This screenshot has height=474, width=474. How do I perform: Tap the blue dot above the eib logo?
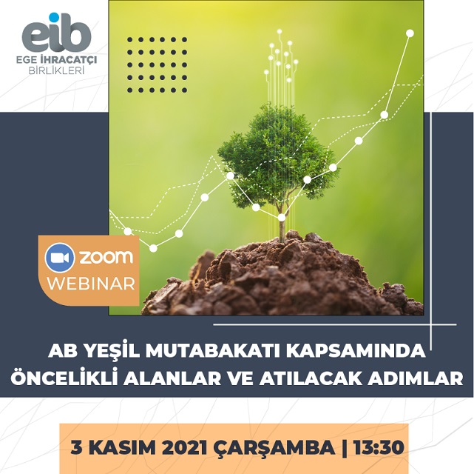pyautogui.click(x=54, y=17)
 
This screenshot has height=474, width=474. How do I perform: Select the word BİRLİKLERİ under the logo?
pyautogui.click(x=56, y=71)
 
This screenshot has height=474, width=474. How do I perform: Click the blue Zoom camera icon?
pyautogui.click(x=60, y=258)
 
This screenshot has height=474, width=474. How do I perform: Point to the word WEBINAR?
pyautogui.click(x=91, y=284)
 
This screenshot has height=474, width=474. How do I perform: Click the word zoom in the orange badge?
pyautogui.click(x=106, y=257)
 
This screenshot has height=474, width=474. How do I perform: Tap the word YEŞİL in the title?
pyautogui.click(x=112, y=350)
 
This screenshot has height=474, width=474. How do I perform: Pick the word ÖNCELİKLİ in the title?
pyautogui.click(x=64, y=378)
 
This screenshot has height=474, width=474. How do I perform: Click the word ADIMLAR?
pyautogui.click(x=416, y=379)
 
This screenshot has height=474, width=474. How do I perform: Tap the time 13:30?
pyautogui.click(x=378, y=447)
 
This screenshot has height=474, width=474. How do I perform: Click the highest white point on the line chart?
pyautogui.click(x=410, y=33)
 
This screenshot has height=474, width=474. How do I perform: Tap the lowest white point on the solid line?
pyautogui.click(x=153, y=248)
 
